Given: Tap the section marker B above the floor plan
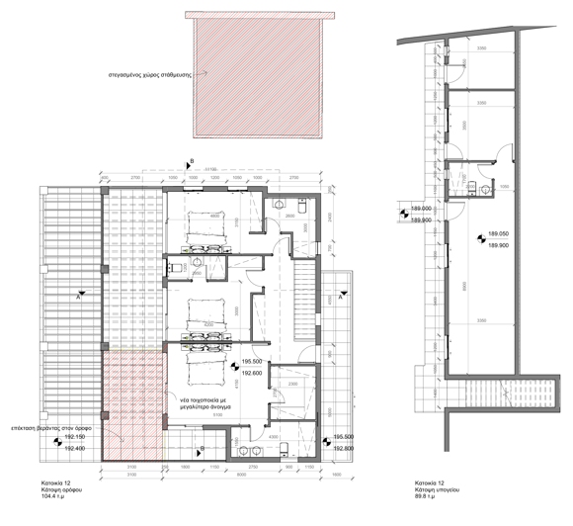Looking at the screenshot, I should coord(192,160).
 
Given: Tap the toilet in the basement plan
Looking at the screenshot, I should coord(473,188).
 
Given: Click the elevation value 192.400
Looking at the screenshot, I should coord(78,448).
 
